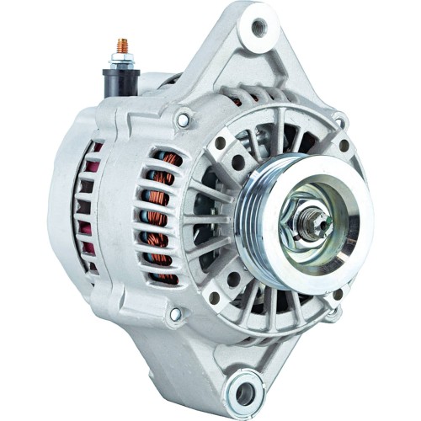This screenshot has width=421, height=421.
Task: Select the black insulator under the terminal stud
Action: pyautogui.click(x=118, y=83)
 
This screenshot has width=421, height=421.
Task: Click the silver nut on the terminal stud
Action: pyautogui.click(x=119, y=61)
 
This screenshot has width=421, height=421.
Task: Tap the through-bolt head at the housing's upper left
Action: pyautogui.click(x=183, y=120)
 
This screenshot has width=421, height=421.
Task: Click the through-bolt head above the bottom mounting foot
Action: pyautogui.click(x=175, y=315)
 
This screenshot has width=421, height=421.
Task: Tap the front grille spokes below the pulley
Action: pyautogui.click(x=253, y=303)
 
